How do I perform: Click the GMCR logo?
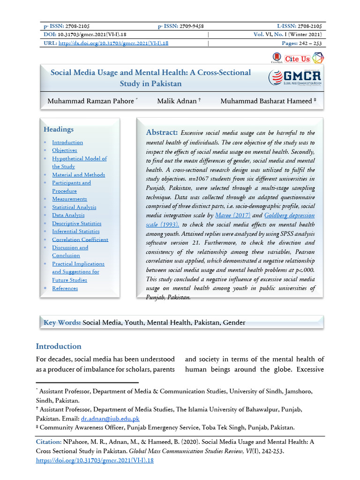294,77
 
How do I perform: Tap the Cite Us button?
297,59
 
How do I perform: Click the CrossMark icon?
277,58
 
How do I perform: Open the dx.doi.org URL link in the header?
113,43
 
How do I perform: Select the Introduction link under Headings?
67,142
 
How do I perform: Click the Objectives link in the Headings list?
65,150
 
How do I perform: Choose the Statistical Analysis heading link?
74,207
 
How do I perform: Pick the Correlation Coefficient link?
80,239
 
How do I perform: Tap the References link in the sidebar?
65,288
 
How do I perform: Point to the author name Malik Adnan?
177,101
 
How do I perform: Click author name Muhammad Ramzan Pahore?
90,101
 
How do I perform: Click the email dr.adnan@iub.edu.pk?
110,418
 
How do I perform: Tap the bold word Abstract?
162,133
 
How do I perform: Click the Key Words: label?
62,322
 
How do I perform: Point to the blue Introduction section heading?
59,346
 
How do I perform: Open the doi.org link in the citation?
95,460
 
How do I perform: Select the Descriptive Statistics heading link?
76,223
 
